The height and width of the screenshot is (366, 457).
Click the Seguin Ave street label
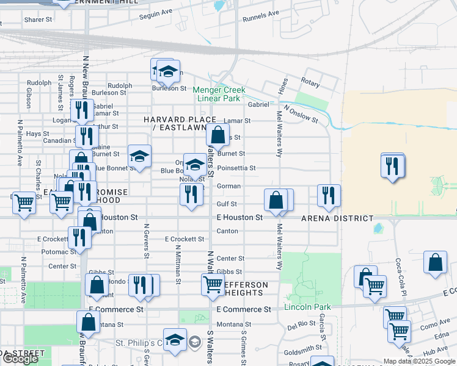point(156,16)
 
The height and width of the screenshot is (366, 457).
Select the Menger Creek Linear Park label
point(219,94)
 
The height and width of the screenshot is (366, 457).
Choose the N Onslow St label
point(304,116)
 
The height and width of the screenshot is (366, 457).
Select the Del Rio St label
point(301,325)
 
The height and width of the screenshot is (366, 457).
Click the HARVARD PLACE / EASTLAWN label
point(180,123)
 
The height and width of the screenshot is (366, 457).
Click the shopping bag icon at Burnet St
point(218,135)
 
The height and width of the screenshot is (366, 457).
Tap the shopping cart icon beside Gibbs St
point(213,285)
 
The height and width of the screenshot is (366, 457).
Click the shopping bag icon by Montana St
point(88,321)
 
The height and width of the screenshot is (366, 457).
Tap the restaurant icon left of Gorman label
point(191,195)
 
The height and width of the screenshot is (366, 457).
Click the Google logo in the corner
point(20,359)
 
